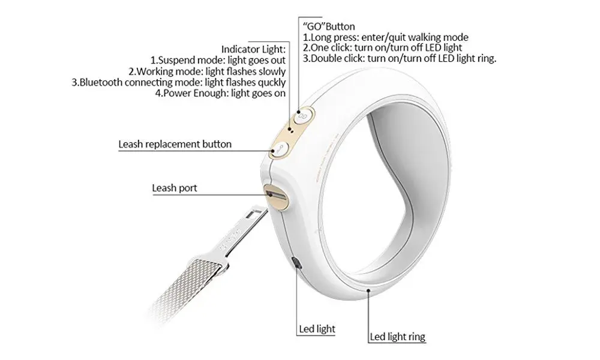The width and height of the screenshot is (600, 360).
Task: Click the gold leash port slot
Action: (x=276, y=196)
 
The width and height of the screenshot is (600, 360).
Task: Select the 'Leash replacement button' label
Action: (x=175, y=144)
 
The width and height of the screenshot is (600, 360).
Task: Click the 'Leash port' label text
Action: (x=175, y=188)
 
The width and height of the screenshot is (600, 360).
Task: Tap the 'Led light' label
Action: (x=317, y=329)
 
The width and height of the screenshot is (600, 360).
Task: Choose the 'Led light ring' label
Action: (x=397, y=337)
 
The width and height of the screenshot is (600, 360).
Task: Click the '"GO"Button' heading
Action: (x=329, y=26)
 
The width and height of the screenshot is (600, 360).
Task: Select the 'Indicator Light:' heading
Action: (x=253, y=49)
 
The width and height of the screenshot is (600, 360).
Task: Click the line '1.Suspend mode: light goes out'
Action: (x=218, y=61)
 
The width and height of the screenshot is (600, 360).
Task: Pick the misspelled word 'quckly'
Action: (x=272, y=83)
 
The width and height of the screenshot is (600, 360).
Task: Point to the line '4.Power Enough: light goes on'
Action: (x=220, y=94)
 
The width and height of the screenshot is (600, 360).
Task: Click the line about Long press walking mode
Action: (x=385, y=37)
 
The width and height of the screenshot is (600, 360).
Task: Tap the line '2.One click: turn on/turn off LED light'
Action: (x=382, y=48)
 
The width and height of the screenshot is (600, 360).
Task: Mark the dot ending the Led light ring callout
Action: (x=368, y=290)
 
